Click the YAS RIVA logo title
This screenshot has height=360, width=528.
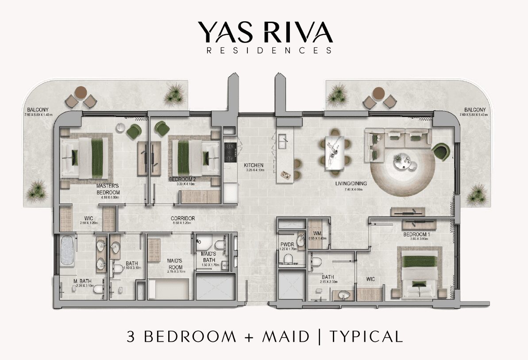(265, 32)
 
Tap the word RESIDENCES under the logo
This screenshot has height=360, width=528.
(269, 50)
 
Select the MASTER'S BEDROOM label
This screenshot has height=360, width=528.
(108, 190)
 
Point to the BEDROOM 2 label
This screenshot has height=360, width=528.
(182, 180)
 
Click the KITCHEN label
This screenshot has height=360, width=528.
(254, 165)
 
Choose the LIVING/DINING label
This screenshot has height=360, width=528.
(349, 186)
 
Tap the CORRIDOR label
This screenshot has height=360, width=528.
(183, 218)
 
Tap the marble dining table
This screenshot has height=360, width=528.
(334, 152)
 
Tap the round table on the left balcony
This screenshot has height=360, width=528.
(81, 93)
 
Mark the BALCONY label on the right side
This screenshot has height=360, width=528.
(474, 110)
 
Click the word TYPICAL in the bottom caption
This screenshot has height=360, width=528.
(366, 337)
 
